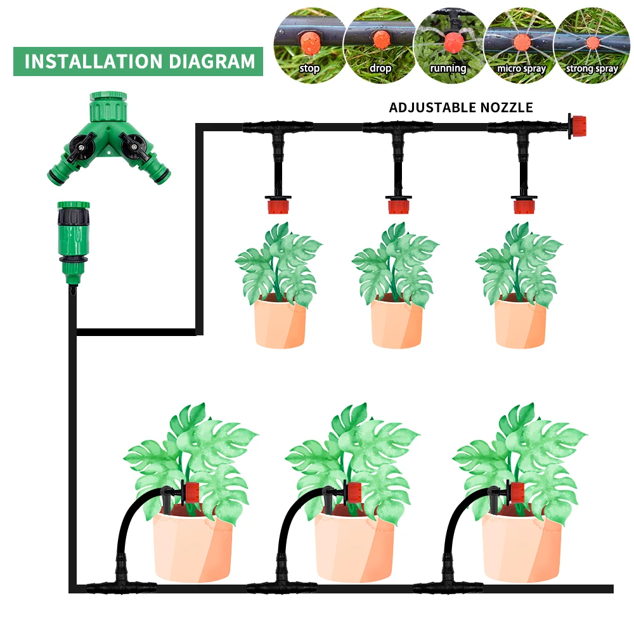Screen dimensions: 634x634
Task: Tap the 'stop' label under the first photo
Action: coord(310,68)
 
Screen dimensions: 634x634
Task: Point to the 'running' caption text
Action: coord(448,68)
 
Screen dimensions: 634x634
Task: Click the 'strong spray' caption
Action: coord(592,68)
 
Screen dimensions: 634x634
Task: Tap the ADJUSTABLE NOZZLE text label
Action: coord(461,107)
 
